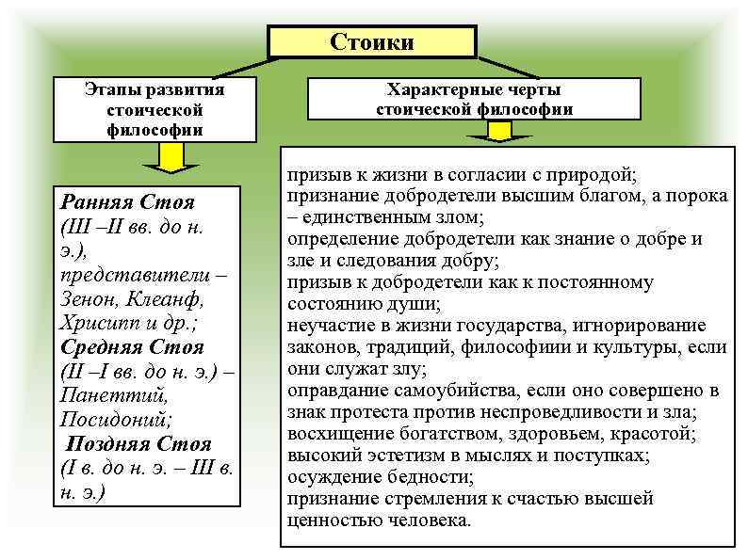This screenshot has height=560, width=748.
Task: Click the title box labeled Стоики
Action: tap(372, 42)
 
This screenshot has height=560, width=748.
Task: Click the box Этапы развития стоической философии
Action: tap(154, 110)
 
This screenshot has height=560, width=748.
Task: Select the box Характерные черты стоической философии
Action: tap(475, 99)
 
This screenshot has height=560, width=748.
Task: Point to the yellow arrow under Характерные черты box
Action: tap(512, 138)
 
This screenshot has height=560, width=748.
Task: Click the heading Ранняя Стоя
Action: tap(127, 202)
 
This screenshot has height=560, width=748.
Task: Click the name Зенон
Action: tap(90, 299)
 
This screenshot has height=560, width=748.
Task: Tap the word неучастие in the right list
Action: tap(326, 326)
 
